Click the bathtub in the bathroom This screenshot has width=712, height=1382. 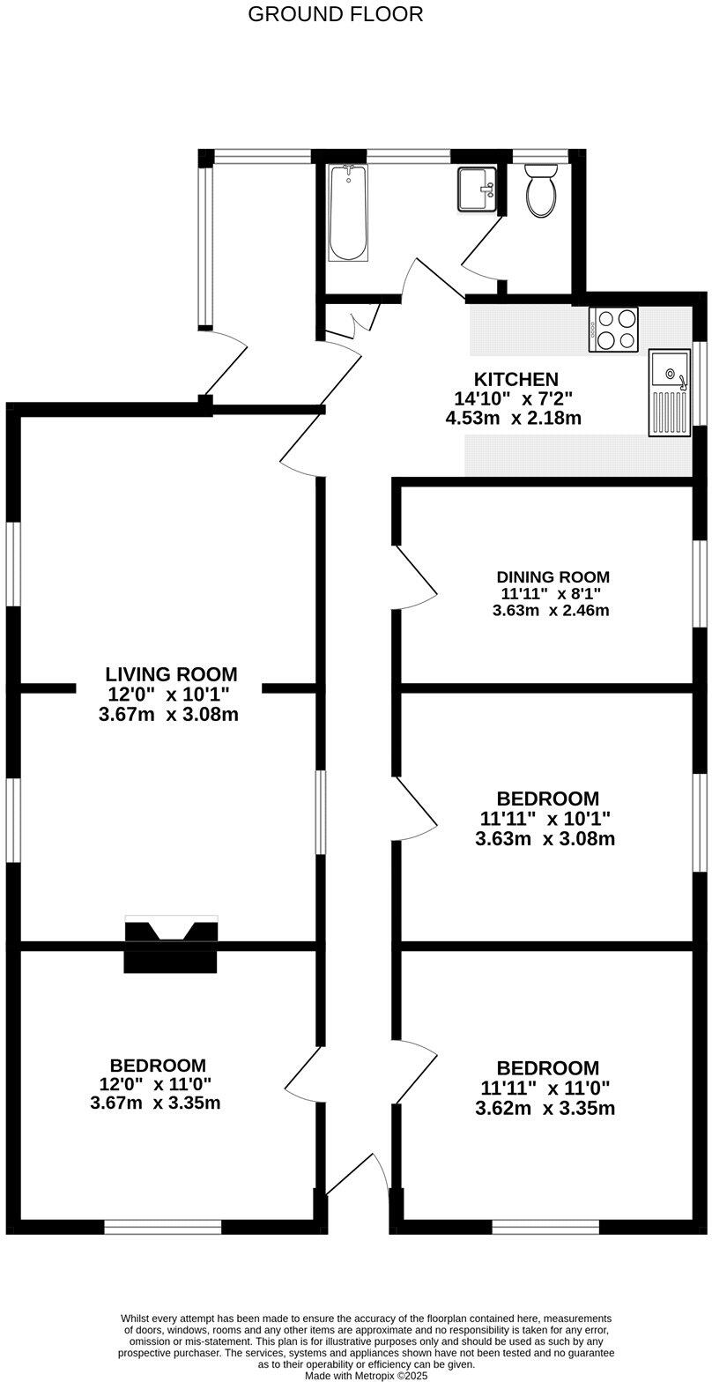[348, 213]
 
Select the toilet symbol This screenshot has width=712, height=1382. [540, 190]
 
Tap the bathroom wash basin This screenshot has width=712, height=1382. [477, 189]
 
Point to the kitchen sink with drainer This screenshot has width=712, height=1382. [670, 392]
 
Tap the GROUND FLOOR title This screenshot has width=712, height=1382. [335, 14]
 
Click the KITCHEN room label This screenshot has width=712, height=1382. [515, 379]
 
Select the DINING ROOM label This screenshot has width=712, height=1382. [553, 576]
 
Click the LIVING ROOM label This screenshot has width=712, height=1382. [171, 674]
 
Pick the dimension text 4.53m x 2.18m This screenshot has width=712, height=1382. [513, 418]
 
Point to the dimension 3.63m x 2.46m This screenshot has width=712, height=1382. [551, 610]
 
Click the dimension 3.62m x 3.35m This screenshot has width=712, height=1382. [545, 1108]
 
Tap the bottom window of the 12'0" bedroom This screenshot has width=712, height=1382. [163, 1227]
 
